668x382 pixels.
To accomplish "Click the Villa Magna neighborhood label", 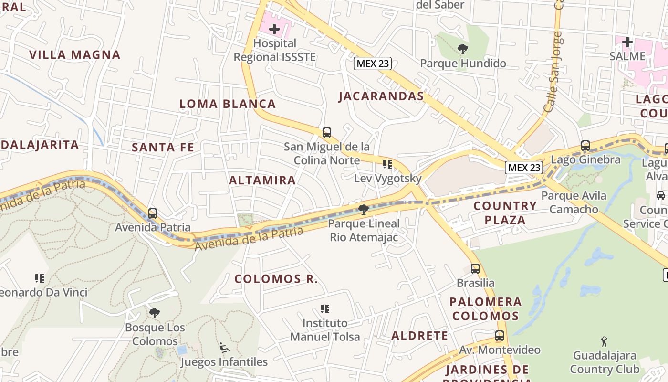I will [x=75, y=54].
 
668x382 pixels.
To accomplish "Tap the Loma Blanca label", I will [x=228, y=104].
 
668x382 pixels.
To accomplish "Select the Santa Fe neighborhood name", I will [x=163, y=147].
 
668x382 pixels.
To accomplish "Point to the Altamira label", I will [x=262, y=180].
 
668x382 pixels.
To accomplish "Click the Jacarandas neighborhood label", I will [x=381, y=96].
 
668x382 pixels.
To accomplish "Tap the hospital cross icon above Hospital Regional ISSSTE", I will [x=274, y=30].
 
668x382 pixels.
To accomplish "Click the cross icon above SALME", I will [x=627, y=42].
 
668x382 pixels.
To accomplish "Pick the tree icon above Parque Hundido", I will [x=462, y=49].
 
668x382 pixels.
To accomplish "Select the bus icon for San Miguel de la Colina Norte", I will [x=327, y=132].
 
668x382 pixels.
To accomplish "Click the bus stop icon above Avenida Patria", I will [x=153, y=213].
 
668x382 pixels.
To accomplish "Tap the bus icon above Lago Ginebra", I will [x=585, y=146].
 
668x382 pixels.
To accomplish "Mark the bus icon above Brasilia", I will [x=475, y=268].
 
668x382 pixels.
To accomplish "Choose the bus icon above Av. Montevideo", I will [x=500, y=336].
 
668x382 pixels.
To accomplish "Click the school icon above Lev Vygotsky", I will [x=387, y=164].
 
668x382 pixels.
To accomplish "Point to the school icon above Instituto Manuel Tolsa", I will [x=325, y=309].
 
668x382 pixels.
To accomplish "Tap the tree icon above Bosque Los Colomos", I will [x=154, y=313].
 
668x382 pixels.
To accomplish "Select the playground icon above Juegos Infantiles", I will [x=224, y=348].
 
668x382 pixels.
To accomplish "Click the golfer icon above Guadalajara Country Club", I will [x=604, y=341].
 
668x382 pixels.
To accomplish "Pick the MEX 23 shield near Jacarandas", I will [x=373, y=64].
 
